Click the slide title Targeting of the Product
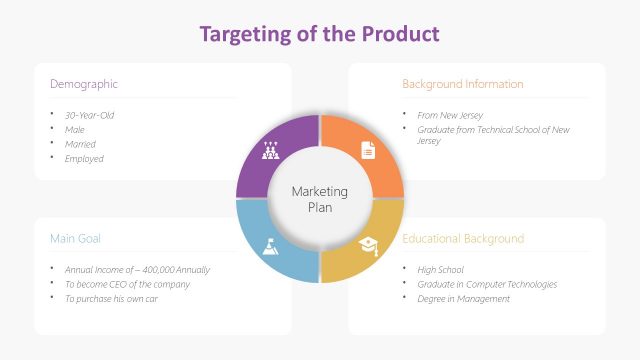coord(319,33)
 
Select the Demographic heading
coord(84,84)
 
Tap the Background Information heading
coord(462,84)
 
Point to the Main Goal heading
coord(75,239)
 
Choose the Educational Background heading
coord(462,239)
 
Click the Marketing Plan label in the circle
coord(319,199)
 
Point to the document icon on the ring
coord(368,151)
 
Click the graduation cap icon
coord(368,246)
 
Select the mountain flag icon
coord(270,246)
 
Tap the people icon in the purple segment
coord(270,151)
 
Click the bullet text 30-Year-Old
coord(89,115)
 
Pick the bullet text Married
coord(81,144)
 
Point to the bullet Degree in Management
coord(463,299)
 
